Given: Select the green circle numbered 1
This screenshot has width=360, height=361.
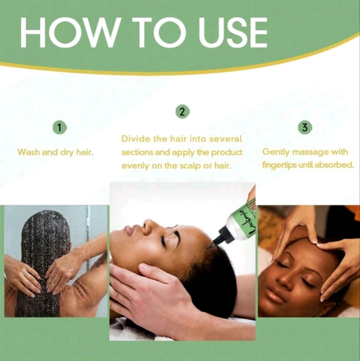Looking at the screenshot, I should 60,128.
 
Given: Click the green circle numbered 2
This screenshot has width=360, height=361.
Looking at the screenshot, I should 183,112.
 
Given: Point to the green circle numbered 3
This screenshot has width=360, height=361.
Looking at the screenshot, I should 305,128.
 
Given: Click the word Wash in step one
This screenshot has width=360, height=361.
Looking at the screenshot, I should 29,152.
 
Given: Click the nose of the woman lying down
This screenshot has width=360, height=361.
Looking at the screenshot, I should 148,226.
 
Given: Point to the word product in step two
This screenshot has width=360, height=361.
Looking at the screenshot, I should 227,152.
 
